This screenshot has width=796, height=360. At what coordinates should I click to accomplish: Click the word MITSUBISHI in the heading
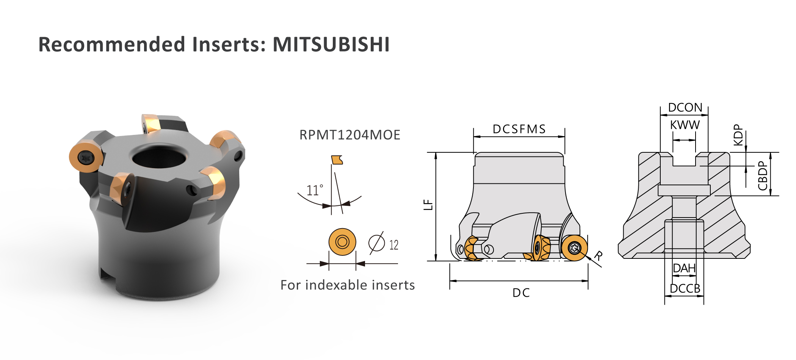(331, 44)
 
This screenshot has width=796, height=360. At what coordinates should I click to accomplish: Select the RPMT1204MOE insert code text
(349, 135)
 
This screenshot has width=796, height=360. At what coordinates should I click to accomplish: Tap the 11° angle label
(315, 190)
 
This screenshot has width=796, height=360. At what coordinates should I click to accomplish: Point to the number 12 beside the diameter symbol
(394, 245)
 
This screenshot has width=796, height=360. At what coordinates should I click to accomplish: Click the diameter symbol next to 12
(376, 243)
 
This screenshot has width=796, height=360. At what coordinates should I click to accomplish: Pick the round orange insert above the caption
(342, 242)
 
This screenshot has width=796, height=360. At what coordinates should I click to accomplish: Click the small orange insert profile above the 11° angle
(337, 160)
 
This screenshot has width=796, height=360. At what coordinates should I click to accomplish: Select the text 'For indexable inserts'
(348, 285)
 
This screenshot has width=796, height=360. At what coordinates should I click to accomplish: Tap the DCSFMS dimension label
(519, 129)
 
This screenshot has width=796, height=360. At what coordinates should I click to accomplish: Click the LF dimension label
(428, 205)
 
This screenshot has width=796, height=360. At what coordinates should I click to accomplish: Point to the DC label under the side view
(521, 293)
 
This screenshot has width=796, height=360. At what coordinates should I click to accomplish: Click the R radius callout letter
(598, 256)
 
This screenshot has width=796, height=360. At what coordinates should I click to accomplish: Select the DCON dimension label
(685, 108)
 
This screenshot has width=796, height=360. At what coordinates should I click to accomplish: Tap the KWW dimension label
(685, 125)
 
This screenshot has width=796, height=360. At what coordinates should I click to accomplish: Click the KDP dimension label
(738, 135)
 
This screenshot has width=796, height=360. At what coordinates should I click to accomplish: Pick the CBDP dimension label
(762, 176)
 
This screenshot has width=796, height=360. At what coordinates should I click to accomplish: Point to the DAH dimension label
(684, 268)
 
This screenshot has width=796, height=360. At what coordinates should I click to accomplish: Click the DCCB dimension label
(685, 289)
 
